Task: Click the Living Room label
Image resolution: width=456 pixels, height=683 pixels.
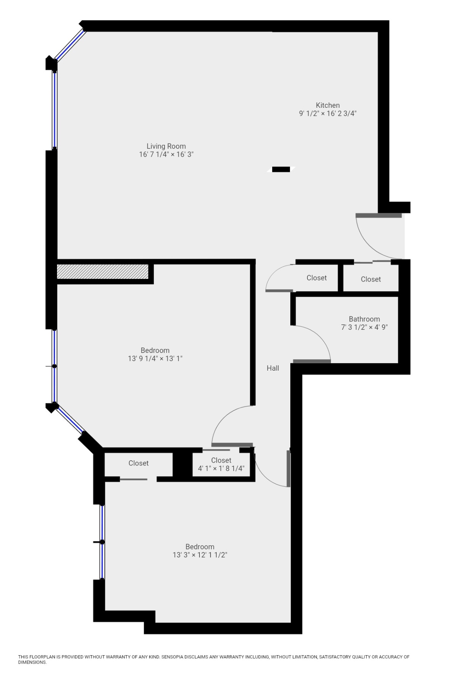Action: coord(166,146)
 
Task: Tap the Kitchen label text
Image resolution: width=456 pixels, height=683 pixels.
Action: coord(328,105)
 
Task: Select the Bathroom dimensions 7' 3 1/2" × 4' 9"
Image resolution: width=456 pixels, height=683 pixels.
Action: coord(364,327)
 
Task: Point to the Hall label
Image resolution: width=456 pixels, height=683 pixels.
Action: coord(272,368)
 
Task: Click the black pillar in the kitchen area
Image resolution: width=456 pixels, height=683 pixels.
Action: coord(281,169)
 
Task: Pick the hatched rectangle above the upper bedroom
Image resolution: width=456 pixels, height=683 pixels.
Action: coord(102,271)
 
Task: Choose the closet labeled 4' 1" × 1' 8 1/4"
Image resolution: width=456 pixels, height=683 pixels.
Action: coord(221,464)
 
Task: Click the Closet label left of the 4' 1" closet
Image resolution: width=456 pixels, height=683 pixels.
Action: coord(138,463)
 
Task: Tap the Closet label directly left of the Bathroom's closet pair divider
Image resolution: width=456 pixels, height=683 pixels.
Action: coord(317,278)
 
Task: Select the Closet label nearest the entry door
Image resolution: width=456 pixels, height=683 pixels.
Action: coord(370,279)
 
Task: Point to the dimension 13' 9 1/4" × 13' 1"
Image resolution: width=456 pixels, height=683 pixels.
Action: coord(155,359)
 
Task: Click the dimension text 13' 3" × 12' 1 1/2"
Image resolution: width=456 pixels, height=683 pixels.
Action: coord(200,555)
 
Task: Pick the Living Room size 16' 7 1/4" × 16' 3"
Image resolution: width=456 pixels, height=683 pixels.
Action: coord(166,154)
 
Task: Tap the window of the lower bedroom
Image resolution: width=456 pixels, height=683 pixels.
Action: coord(102,542)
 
